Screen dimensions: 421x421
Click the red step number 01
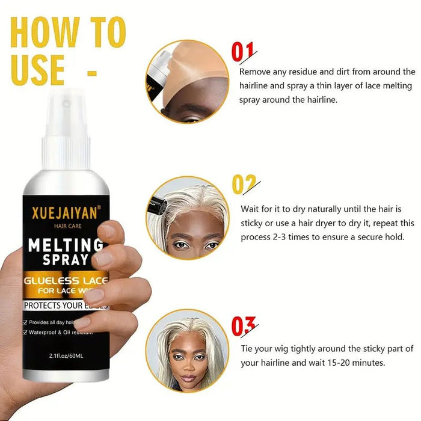243,52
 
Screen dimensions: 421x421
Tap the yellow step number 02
244,183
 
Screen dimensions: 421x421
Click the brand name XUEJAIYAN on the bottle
66,212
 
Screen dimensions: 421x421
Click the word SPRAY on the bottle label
66,260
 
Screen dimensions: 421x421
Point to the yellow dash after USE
92,74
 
